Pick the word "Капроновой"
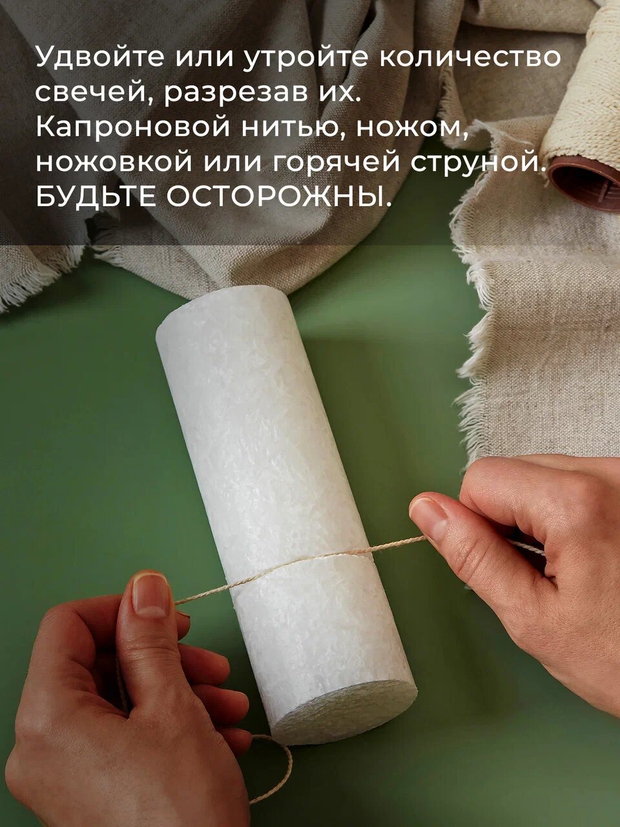pyautogui.click(x=132, y=127)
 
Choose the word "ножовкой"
pyautogui.click(x=114, y=162)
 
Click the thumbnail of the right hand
pyautogui.click(x=428, y=517)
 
